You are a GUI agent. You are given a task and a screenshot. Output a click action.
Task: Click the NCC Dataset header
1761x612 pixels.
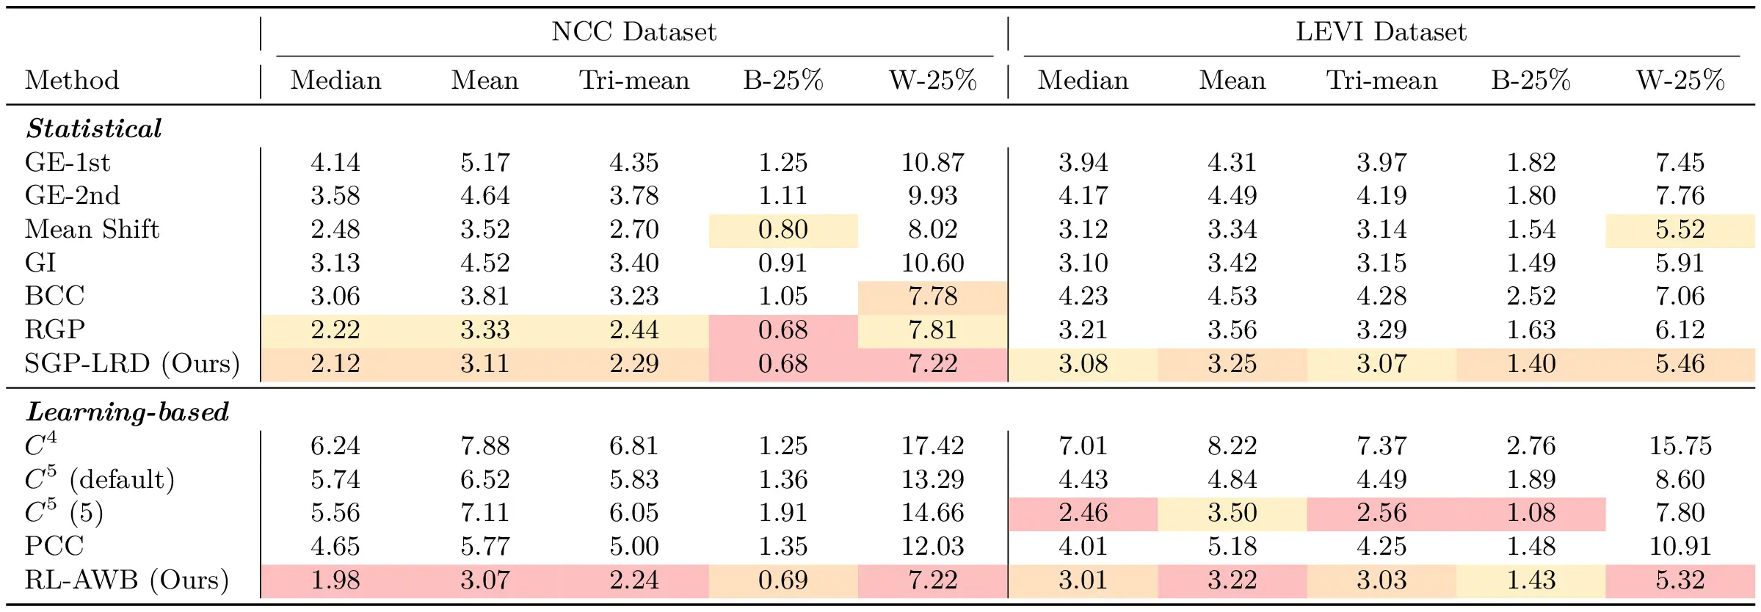633,32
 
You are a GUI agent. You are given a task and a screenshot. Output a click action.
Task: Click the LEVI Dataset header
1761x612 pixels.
1381,32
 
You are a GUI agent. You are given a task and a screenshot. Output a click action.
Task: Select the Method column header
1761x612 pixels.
72,80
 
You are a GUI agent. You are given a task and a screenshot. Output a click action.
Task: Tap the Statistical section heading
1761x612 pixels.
94,129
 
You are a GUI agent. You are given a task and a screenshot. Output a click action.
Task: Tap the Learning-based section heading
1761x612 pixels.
128,412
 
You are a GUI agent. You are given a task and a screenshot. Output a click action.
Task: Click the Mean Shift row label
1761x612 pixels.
92,229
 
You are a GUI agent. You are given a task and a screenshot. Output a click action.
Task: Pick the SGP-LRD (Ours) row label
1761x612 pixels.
132,363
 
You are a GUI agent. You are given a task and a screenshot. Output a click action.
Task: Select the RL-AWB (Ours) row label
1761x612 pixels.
126,580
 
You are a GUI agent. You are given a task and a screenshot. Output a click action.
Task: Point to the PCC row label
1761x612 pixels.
54,546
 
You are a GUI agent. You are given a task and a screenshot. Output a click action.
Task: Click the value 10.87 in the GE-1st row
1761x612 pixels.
932,162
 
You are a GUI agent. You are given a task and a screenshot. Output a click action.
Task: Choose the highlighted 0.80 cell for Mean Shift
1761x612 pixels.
783,230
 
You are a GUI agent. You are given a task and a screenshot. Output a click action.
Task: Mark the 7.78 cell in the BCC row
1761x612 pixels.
932,296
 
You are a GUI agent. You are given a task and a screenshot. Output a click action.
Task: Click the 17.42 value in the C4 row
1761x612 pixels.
932,445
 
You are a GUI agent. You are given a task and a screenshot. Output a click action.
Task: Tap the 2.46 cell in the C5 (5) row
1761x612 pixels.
1083,513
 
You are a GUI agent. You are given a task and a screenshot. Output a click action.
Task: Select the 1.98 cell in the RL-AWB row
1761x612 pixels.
335,580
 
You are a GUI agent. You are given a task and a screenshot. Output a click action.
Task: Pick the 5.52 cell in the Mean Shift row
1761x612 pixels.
1680,230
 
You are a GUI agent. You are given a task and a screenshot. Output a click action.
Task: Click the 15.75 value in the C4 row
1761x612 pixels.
1680,445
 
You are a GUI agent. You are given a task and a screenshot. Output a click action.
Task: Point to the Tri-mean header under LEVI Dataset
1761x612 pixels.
1381,80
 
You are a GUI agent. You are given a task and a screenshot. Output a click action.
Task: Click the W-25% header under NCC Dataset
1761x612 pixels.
932,80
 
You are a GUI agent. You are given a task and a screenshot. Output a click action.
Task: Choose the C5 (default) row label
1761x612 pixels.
100,479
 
